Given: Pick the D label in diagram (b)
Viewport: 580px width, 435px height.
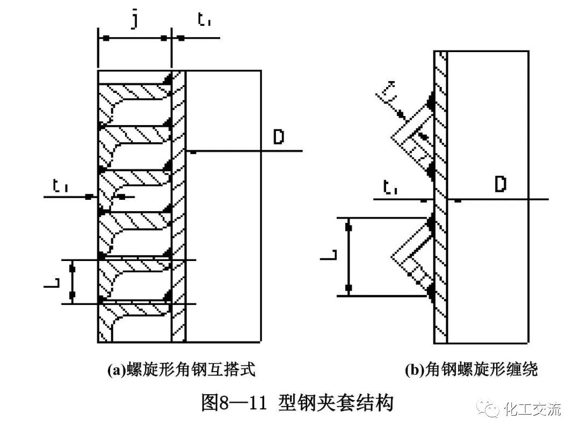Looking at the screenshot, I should click(x=501, y=185).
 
